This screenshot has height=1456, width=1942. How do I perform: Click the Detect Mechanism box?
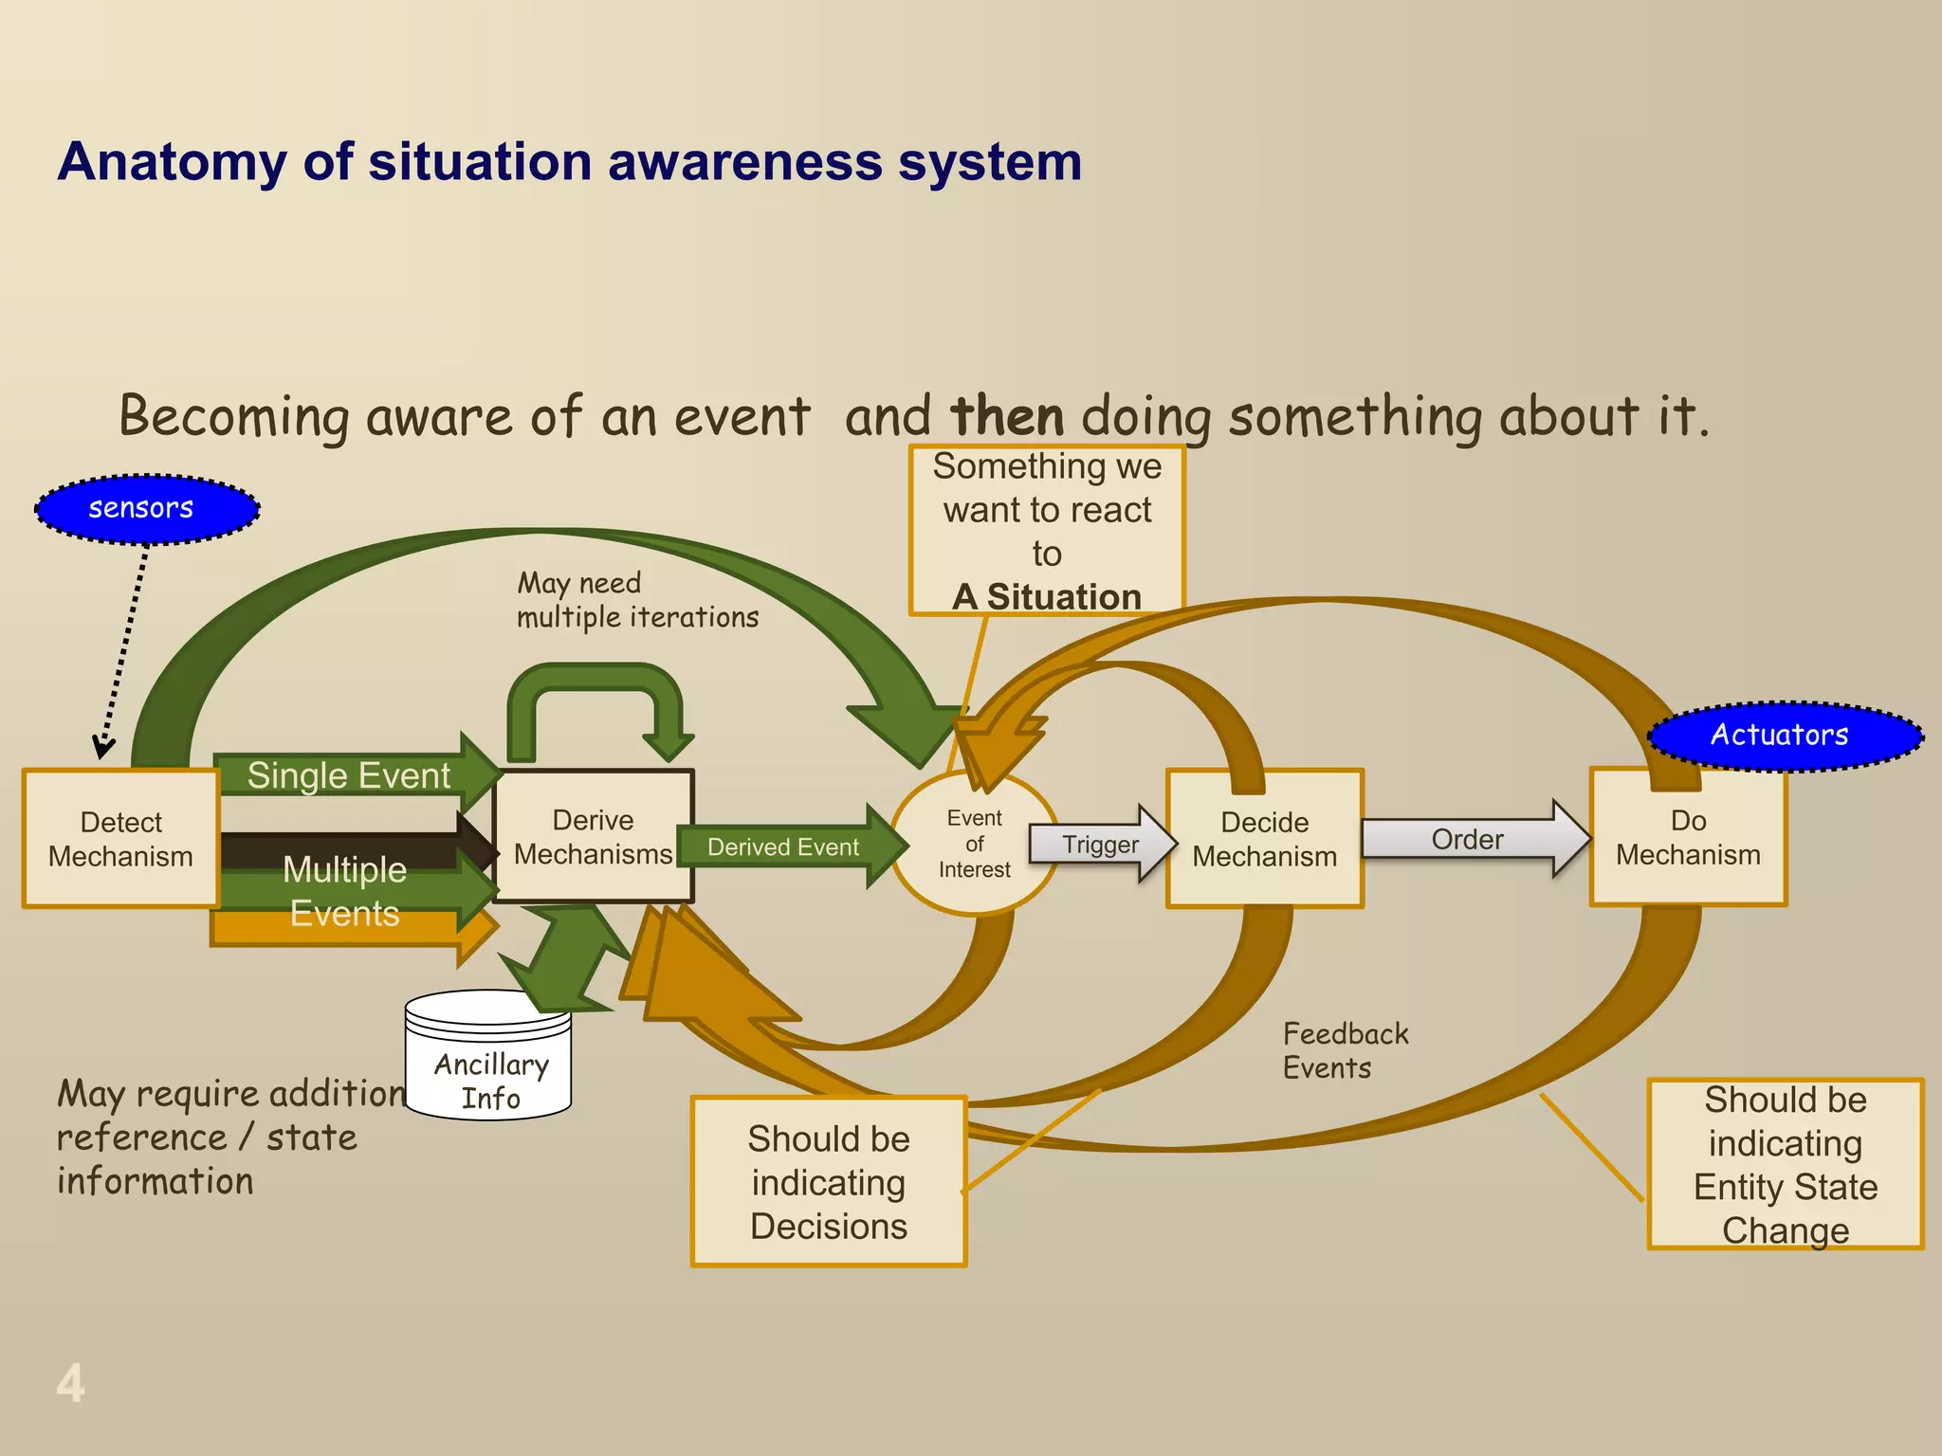coord(121,839)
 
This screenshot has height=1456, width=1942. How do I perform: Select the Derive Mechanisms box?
coord(593,836)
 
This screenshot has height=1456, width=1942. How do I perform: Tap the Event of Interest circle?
coord(974,844)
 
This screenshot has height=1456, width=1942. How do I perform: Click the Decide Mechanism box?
coord(1264,839)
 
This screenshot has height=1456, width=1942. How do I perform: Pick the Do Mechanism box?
coord(1688,838)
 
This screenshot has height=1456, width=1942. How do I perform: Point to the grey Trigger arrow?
coord(1100,844)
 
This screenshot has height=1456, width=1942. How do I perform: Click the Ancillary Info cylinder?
coord(488,1062)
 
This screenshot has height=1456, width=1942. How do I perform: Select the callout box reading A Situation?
coord(1047,531)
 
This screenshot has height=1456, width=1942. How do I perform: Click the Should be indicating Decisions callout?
coord(829,1182)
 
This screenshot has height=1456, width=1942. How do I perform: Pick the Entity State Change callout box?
coord(1785,1164)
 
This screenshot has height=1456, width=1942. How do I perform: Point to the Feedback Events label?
coord(1345,1050)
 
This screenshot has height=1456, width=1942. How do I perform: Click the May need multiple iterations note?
coord(637,600)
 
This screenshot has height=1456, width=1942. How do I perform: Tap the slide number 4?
coord(70,1383)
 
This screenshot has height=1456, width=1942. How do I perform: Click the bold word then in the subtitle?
coord(1007,417)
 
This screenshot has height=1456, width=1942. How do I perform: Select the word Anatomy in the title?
coord(171,161)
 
